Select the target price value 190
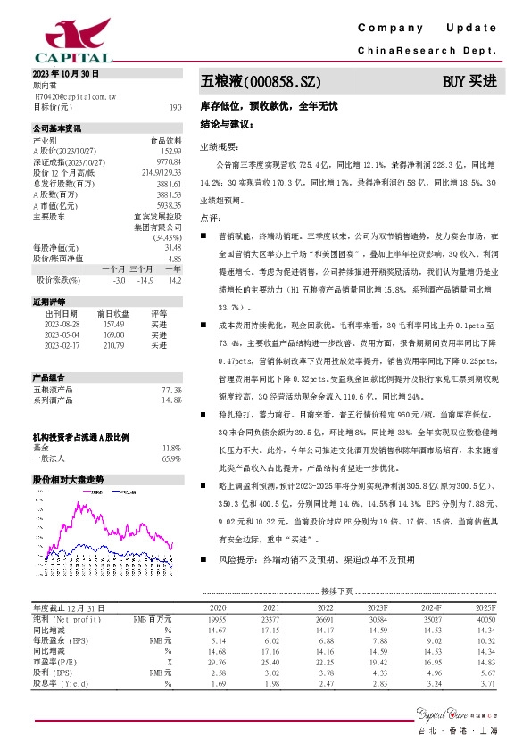click(175, 106)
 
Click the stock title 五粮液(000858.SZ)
click(259, 80)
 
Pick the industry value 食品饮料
click(164, 141)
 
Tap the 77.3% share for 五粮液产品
click(171, 390)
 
